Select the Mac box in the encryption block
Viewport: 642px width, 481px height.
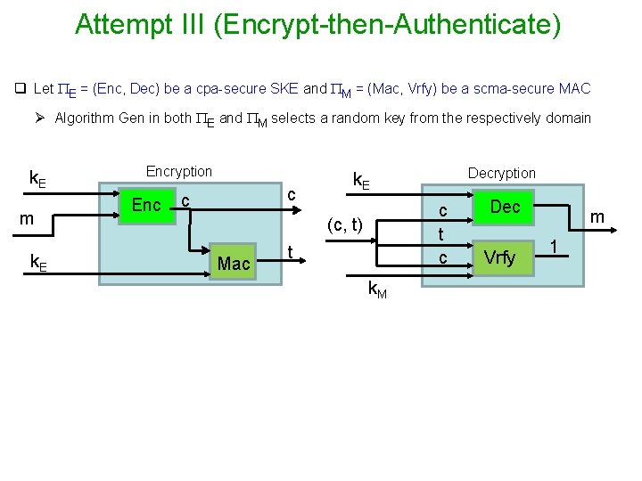[x=234, y=263]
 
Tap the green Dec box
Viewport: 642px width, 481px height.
[x=505, y=207]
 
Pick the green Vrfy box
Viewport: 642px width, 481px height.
[x=499, y=257]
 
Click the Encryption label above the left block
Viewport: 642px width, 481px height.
[x=179, y=171]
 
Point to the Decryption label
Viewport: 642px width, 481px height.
[x=502, y=173]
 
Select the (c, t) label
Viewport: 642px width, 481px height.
[x=345, y=225]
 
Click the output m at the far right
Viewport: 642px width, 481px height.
[x=597, y=216]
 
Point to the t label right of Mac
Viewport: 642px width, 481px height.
[x=292, y=252]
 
